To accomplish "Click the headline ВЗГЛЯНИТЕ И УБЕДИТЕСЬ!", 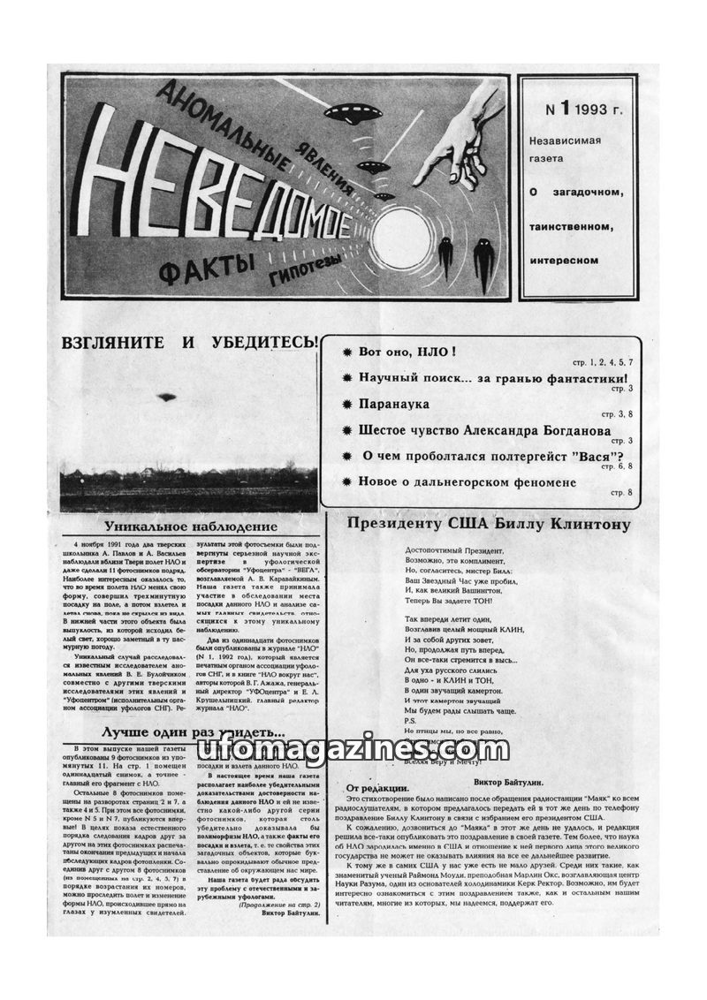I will tap(188, 344).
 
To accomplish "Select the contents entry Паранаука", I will tap(394, 403).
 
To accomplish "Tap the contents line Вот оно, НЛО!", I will tap(407, 352).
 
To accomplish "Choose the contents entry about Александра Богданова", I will tap(484, 431).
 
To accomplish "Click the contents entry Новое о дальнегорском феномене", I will tap(467, 482).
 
